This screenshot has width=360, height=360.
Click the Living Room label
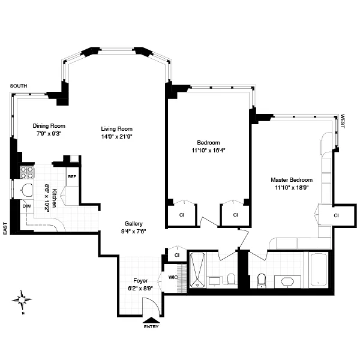[116, 129]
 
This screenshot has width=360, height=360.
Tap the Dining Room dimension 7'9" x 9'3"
[48, 134]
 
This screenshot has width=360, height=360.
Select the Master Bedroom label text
[291, 180]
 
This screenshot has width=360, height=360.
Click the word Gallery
[133, 223]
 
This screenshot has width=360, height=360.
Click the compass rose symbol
[23, 298]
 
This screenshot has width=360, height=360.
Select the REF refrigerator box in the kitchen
[72, 177]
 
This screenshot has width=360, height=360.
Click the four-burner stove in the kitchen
[27, 173]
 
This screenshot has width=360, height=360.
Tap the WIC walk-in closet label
[173, 278]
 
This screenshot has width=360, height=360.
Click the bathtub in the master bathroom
[319, 271]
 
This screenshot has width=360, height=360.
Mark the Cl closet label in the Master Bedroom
[336, 215]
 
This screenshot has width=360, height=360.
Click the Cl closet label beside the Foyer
[176, 255]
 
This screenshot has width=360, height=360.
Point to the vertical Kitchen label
[54, 197]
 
